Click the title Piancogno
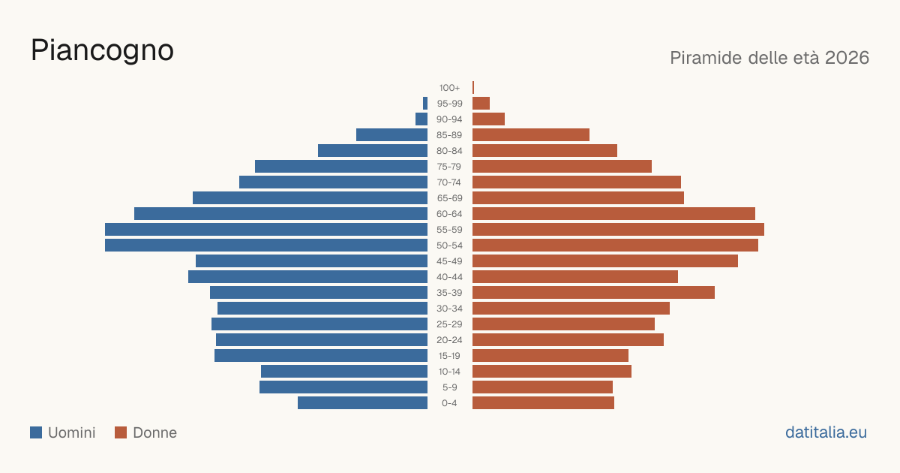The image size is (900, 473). [102, 50]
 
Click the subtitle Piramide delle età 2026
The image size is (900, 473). [769, 58]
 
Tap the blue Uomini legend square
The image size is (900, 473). [36, 432]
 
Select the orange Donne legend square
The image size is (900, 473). [121, 432]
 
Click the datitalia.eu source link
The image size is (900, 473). [826, 432]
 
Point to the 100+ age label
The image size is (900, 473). [449, 88]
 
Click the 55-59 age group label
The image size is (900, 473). [449, 230]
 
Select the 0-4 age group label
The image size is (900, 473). [449, 403]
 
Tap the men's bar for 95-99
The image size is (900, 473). [425, 104]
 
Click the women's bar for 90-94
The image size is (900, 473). [488, 119]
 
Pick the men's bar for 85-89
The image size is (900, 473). [391, 134]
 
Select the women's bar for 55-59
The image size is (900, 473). [618, 230]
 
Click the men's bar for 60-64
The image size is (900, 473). [280, 213]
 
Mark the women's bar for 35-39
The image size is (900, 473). [593, 292]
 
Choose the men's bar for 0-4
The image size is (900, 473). [362, 403]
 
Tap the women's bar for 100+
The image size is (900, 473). [473, 88]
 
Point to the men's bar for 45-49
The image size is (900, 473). [311, 261]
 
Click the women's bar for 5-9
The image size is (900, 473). [542, 387]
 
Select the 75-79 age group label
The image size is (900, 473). [449, 167]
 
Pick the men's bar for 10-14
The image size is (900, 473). [344, 371]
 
